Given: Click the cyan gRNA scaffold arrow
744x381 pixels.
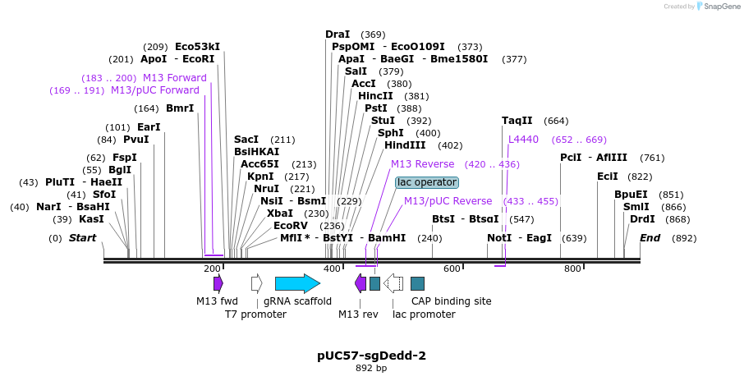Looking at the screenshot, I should coord(296,283).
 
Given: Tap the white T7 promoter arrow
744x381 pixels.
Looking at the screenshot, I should coord(256,283).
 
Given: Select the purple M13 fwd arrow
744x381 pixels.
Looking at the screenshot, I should coord(218,283).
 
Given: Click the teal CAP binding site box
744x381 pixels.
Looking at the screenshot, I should coord(417,283).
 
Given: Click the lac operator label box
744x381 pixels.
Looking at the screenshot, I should coord(427,182).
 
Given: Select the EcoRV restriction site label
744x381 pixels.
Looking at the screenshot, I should coord(291,226).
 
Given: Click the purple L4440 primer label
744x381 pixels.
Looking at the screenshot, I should coord(523,140).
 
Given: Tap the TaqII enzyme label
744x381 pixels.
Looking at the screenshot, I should coord(517,121).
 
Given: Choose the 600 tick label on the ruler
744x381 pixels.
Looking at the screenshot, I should coord(452,269).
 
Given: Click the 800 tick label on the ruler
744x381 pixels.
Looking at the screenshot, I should coord(573,269).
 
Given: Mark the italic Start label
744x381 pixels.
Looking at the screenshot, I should coord(82,238).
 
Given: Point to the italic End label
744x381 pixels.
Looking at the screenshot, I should coord(650,238).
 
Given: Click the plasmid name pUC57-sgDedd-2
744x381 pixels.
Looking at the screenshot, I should coord(371,356).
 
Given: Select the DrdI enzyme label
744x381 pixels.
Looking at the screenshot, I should coord(642,219).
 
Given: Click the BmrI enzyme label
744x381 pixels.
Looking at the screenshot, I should coord(180,108).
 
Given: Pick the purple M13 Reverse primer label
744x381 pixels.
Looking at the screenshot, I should coord(422,164).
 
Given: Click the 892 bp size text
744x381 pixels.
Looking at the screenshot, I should coord(371,369).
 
